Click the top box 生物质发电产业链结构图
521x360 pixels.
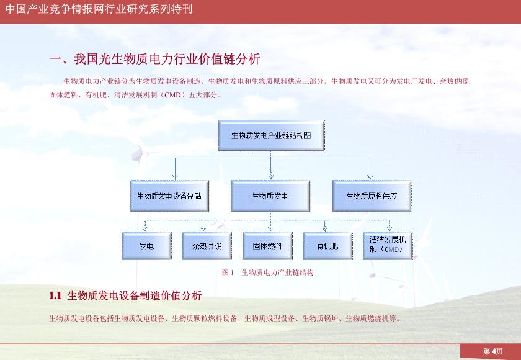pyautogui.click(x=270, y=135)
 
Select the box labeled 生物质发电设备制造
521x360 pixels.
pyautogui.click(x=169, y=196)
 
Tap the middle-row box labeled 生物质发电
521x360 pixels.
pyautogui.click(x=270, y=196)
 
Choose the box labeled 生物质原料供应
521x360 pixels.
pyautogui.click(x=372, y=196)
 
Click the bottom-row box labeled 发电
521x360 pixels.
pyautogui.click(x=146, y=246)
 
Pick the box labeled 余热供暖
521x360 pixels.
pyautogui.click(x=207, y=246)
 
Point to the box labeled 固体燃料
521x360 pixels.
pyautogui.click(x=267, y=246)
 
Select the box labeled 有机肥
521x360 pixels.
pyautogui.click(x=327, y=246)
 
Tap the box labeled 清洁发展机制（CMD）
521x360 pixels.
pyautogui.click(x=388, y=245)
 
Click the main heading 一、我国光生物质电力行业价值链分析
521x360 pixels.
pyautogui.click(x=154, y=60)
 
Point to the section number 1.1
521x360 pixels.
pyautogui.click(x=55, y=295)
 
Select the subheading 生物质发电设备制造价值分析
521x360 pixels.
pyautogui.click(x=134, y=295)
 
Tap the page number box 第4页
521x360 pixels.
pyautogui.click(x=493, y=351)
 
